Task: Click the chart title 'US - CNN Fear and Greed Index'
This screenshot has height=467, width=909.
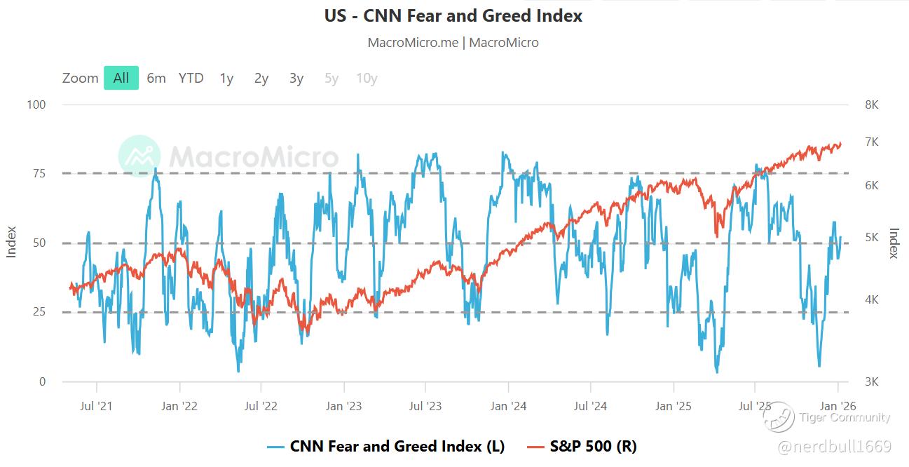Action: [x=453, y=15]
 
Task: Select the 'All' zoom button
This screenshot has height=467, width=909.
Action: [x=121, y=78]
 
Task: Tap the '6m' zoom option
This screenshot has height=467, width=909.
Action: [x=156, y=78]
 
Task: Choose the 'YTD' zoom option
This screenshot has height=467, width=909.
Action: [x=191, y=78]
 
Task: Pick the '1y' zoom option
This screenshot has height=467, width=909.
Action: [x=226, y=78]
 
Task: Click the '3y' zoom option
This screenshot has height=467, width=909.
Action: [x=296, y=78]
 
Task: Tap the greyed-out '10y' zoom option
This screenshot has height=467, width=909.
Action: [x=367, y=78]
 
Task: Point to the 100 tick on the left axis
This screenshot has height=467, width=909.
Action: [x=36, y=104]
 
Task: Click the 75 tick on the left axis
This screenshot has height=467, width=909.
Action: [x=39, y=173]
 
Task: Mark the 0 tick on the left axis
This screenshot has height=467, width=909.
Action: [x=41, y=381]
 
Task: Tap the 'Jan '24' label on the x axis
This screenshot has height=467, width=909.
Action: [x=508, y=406]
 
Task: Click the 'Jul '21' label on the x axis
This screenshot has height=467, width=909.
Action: [x=96, y=406]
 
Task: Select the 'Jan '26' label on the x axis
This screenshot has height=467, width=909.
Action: [x=838, y=406]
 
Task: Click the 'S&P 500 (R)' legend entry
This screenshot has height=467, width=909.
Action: [x=592, y=447]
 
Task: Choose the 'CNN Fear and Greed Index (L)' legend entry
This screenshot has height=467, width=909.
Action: [x=397, y=447]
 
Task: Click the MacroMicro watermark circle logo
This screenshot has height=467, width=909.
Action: [x=139, y=156]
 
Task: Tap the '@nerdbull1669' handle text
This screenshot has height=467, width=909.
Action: [x=834, y=447]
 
